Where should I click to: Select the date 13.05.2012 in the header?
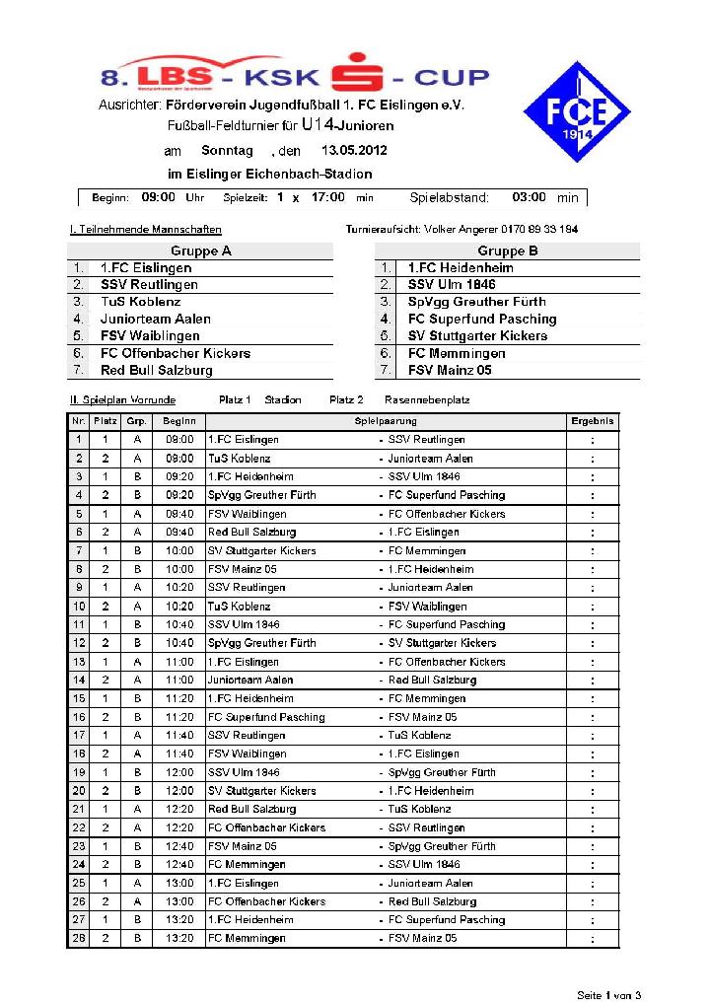pos(354,151)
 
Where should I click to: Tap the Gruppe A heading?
pos(200,251)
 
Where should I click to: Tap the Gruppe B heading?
pos(508,251)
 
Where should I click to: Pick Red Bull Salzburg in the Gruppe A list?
pos(156,371)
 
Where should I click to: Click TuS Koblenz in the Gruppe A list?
pos(140,302)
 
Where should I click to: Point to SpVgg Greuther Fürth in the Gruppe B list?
pos(476,302)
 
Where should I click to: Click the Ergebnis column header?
pos(593,421)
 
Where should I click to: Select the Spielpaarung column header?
pos(386,421)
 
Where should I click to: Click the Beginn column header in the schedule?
pos(178,421)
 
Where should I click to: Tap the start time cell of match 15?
pos(179,698)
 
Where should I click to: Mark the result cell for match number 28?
pos(593,939)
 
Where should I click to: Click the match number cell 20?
pos(79,791)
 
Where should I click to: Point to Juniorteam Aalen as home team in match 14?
pos(250,681)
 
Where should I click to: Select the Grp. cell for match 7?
pos(137,550)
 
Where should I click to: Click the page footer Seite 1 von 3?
pos(608,993)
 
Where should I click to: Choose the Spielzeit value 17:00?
pos(327,197)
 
